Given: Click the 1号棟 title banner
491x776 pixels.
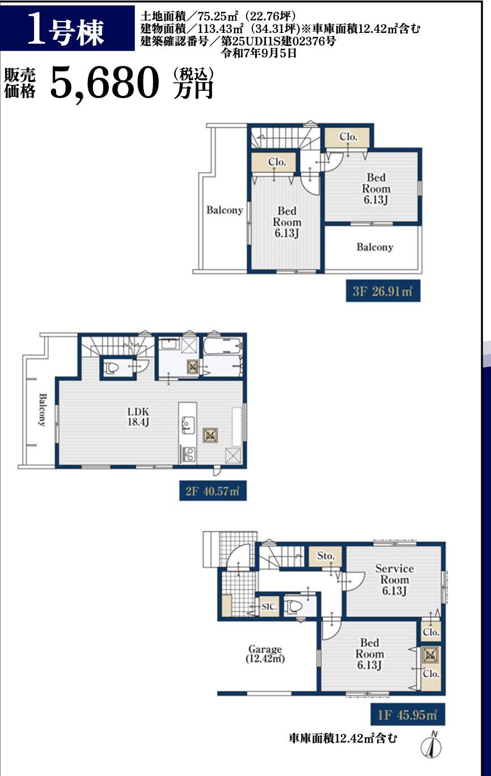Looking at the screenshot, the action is (x=67, y=28).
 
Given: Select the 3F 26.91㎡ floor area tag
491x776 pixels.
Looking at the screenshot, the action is (x=383, y=291).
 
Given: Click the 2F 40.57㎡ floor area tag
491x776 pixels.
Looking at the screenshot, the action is (x=213, y=491).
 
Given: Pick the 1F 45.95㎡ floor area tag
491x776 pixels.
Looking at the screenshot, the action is (x=408, y=715).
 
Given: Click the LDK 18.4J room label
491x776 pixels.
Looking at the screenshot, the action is (x=138, y=416).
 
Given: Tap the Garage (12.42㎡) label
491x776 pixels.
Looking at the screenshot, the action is (x=265, y=653).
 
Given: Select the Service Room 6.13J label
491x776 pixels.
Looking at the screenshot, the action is (x=395, y=579).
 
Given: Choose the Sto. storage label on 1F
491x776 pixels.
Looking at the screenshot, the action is (x=326, y=556).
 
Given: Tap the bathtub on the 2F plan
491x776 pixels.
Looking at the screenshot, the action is (x=223, y=345).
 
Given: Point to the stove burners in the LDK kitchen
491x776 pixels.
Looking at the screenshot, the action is (x=188, y=454).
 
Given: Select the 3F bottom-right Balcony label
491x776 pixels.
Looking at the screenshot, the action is (x=375, y=247).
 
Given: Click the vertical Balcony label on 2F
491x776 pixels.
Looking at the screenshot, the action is (x=42, y=410).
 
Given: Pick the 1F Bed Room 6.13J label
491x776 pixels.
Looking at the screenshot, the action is (x=370, y=653).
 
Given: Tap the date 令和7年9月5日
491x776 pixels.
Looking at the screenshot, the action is (x=259, y=53).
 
